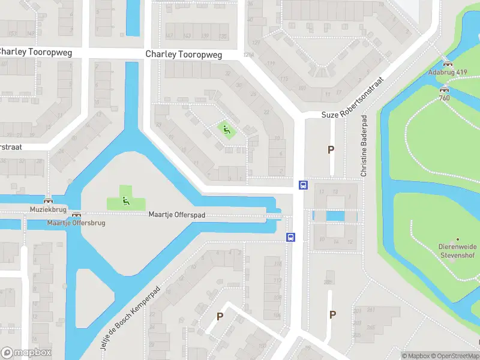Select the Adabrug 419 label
tap(447, 72)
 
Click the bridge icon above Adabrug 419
tap(446, 63)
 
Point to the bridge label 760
tap(444, 98)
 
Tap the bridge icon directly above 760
tap(444, 89)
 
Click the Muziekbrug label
tap(47, 209)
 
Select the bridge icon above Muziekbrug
tap(47, 200)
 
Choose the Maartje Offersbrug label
tap(76, 223)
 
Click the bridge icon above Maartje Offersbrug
tap(76, 214)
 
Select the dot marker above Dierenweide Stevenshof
tap(458, 239)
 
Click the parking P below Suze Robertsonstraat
tap(331, 149)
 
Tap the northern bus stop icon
tap(304, 185)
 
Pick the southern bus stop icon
tap(291, 237)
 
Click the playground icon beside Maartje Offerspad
tap(125, 200)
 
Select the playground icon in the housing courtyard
tap(226, 128)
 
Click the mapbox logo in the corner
tap(26, 353)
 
